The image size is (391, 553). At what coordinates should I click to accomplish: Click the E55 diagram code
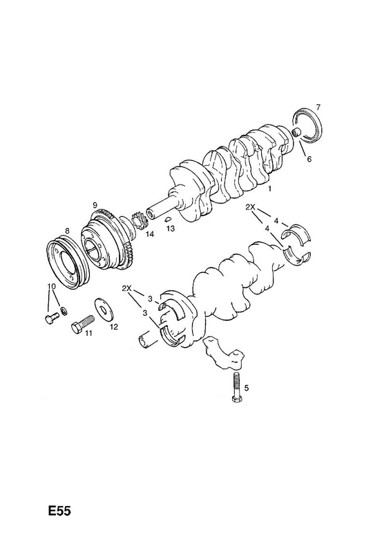59,511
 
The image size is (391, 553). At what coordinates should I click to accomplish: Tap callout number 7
318,107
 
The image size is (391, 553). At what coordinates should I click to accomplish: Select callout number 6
309,159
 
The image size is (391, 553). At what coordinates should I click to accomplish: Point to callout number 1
269,189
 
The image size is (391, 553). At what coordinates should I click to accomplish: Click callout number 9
95,205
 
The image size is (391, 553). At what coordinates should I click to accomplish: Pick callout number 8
67,231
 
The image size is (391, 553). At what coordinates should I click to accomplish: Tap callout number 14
150,234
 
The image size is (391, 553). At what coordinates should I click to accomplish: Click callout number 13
171,229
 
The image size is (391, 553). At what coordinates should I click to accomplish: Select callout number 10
52,286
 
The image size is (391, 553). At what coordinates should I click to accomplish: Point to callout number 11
88,332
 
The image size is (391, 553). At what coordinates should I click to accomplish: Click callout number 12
113,327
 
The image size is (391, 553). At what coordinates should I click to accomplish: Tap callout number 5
246,388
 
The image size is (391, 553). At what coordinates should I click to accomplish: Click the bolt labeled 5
236,386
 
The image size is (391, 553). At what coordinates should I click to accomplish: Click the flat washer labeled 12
103,310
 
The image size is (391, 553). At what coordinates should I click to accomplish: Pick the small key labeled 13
168,218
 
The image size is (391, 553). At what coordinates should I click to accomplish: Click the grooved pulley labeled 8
68,259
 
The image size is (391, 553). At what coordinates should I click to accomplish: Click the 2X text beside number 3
127,288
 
